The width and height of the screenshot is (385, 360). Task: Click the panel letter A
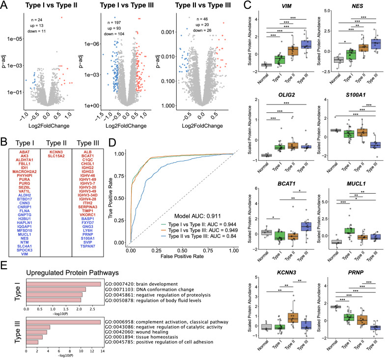5,6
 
